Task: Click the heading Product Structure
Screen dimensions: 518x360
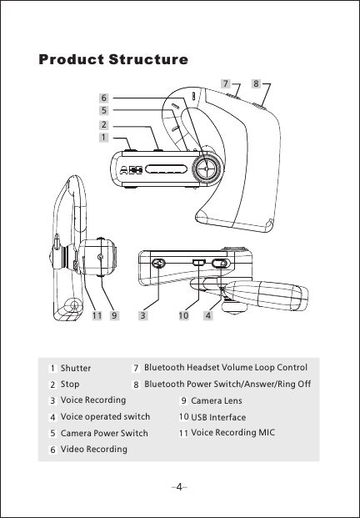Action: coord(112,60)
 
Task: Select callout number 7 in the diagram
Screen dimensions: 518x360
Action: coord(225,84)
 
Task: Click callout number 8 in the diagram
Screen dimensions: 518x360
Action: coord(256,84)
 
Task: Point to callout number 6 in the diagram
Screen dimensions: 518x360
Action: coord(103,97)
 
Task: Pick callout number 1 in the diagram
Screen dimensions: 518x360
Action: coord(103,137)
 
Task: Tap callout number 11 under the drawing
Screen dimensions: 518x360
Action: coord(97,316)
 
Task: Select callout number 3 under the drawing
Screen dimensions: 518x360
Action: coord(142,316)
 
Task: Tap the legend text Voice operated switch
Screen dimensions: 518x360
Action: coord(105,416)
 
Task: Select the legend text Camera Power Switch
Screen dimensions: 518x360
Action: coord(104,433)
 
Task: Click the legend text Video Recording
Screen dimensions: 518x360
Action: coord(94,450)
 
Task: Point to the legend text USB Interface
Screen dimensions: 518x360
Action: coord(218,417)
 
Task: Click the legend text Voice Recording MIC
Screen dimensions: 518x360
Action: coord(232,432)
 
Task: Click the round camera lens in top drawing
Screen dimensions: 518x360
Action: coord(207,168)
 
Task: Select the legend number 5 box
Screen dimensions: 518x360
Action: coord(52,434)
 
